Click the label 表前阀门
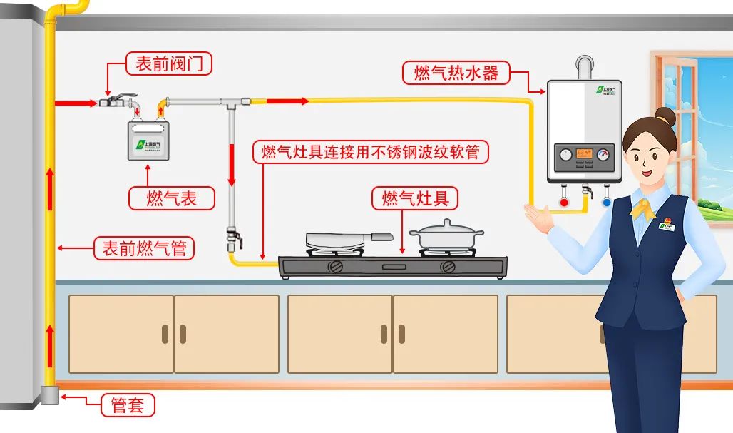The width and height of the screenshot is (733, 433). [169, 64]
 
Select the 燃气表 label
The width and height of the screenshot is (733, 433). [171, 198]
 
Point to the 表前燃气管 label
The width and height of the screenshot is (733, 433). [144, 248]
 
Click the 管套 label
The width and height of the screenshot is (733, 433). [128, 405]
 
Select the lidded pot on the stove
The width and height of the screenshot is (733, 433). [446, 236]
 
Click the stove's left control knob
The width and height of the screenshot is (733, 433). [334, 268]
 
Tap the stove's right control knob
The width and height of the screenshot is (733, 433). [448, 268]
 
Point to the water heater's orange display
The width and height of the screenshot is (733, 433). [585, 153]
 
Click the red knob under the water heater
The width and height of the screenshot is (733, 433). [565, 203]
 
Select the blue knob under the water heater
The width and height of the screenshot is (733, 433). [606, 203]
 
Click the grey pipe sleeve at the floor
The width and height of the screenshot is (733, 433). [49, 394]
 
